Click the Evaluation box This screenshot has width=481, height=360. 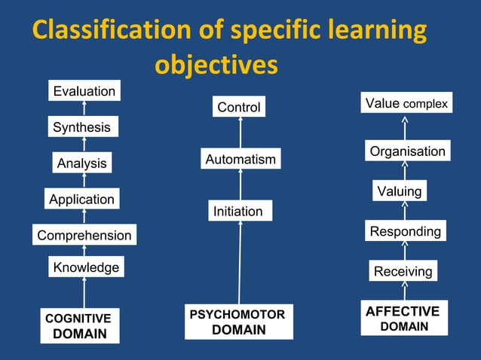84,91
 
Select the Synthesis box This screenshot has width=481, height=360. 81,127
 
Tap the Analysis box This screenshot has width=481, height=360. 82,163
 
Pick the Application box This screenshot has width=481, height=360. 81,200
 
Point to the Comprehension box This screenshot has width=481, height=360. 84,236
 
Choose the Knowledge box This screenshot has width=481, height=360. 85,267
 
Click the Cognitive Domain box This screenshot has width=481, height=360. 79,326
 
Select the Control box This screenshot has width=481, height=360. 239,107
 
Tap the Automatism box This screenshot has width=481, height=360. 240,160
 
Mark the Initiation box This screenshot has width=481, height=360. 238,212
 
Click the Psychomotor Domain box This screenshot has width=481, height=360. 238,322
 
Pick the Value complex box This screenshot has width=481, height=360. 406,103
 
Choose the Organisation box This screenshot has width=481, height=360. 407,151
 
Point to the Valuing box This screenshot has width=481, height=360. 399,191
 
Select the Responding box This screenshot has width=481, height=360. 405,231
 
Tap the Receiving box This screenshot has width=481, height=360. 403,271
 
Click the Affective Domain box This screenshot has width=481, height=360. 403,319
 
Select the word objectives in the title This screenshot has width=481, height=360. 216,66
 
